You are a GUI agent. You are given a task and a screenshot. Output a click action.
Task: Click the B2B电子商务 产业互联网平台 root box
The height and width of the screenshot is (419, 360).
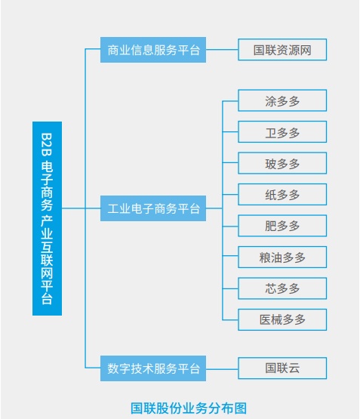pyautogui.click(x=47, y=218)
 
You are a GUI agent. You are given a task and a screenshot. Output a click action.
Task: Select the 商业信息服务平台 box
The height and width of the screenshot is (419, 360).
pyautogui.click(x=153, y=50)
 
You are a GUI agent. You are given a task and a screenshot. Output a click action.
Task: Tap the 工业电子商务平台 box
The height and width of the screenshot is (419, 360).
pyautogui.click(x=153, y=208)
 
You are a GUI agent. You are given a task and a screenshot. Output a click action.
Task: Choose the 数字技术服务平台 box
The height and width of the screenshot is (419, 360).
pyautogui.click(x=153, y=368)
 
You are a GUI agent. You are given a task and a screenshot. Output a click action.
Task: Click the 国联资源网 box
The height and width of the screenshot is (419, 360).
pyautogui.click(x=282, y=49)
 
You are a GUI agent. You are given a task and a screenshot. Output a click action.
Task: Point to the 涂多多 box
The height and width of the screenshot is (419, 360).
pyautogui.click(x=282, y=100)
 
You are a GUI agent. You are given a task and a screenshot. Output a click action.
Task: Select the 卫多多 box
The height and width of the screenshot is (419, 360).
pyautogui.click(x=282, y=131)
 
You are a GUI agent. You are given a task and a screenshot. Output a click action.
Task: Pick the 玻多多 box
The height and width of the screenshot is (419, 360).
pyautogui.click(x=282, y=163)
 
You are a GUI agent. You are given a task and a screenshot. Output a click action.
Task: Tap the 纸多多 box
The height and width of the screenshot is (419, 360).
pyautogui.click(x=282, y=194)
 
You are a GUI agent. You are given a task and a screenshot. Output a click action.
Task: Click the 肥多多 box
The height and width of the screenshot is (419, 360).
pyautogui.click(x=282, y=226)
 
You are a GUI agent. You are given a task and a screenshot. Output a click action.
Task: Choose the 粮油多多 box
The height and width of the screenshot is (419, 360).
pyautogui.click(x=282, y=257)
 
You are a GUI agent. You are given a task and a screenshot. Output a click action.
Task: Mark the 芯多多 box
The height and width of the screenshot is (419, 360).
pyautogui.click(x=282, y=288)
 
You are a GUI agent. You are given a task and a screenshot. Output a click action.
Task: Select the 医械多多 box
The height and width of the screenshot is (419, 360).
pyautogui.click(x=282, y=319)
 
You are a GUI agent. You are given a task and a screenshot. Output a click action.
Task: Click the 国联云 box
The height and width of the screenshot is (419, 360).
pyautogui.click(x=282, y=368)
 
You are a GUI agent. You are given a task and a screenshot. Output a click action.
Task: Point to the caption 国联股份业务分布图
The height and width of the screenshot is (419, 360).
pyautogui.click(x=189, y=408)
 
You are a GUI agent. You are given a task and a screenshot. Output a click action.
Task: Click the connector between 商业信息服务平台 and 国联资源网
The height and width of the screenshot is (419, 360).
pyautogui.click(x=222, y=49)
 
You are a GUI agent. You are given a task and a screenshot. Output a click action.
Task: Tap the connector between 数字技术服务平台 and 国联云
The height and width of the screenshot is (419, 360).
pyautogui.click(x=222, y=368)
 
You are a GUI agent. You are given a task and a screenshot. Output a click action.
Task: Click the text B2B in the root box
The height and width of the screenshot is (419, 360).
pyautogui.click(x=47, y=144)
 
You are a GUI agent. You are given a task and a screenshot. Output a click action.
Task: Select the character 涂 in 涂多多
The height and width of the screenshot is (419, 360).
pyautogui.click(x=270, y=101)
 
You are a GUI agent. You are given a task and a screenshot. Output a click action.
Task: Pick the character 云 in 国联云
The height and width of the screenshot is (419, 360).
pyautogui.click(x=294, y=368)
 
